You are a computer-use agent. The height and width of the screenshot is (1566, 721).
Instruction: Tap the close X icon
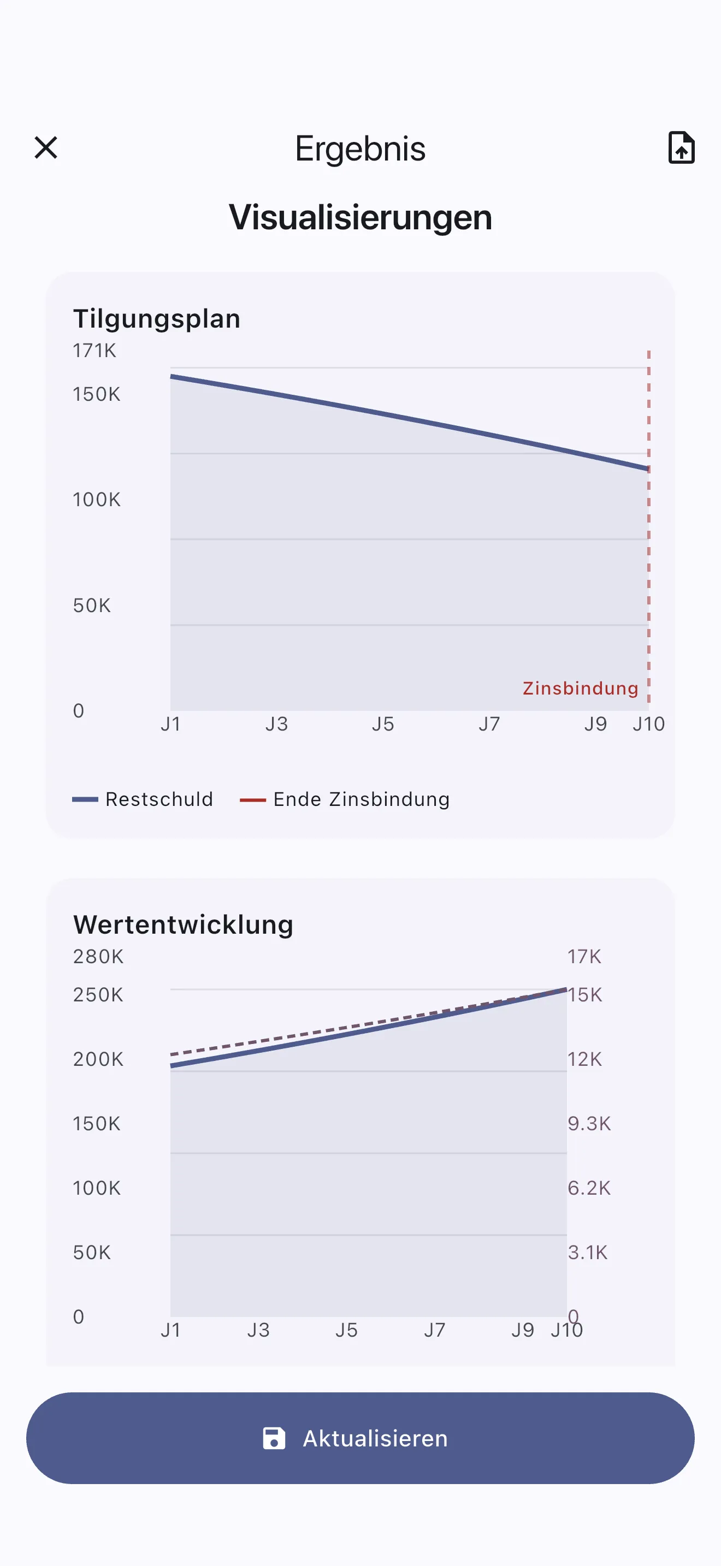(45, 148)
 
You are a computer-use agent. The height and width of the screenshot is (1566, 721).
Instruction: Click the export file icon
(681, 148)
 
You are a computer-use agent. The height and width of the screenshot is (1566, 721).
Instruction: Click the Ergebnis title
(360, 149)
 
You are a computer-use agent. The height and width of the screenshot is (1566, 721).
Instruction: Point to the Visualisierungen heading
(360, 217)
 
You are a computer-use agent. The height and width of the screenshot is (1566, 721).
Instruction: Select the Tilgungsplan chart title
(157, 318)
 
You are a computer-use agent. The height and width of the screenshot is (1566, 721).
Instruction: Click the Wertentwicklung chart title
(183, 924)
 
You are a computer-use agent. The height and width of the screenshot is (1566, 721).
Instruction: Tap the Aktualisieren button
(360, 1438)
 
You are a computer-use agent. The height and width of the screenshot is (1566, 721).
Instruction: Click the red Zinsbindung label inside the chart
(580, 688)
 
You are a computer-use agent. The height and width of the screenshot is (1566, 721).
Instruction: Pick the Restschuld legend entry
(144, 799)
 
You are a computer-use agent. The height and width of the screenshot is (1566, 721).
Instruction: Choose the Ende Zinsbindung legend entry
(345, 799)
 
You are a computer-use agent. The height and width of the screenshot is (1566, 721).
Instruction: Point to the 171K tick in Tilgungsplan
(94, 351)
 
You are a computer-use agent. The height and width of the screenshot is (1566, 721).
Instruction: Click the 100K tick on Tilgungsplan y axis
(97, 500)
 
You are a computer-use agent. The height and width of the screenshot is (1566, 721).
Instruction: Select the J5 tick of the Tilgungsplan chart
(383, 724)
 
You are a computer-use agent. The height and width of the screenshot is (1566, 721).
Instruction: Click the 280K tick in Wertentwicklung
(98, 957)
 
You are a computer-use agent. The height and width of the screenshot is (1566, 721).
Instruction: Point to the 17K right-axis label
(584, 957)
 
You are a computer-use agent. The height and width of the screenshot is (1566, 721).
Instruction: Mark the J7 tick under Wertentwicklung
(435, 1330)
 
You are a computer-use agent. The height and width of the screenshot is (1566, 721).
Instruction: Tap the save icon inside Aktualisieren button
(274, 1438)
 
